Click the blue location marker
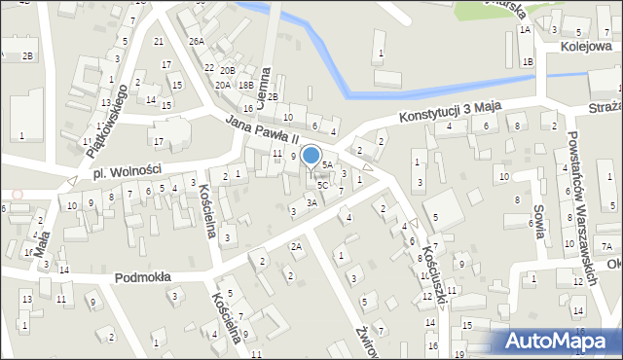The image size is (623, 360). (311, 155)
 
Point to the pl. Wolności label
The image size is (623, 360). (127, 172)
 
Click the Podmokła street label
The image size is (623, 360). (142, 276)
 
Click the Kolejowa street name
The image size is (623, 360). (590, 46)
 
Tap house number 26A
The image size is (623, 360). (197, 41)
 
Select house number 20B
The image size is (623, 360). (227, 70)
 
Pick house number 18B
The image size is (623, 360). (246, 85)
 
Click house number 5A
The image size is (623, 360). (328, 164)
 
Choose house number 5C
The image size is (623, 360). (322, 185)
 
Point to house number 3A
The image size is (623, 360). (311, 202)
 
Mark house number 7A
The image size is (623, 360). (605, 245)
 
